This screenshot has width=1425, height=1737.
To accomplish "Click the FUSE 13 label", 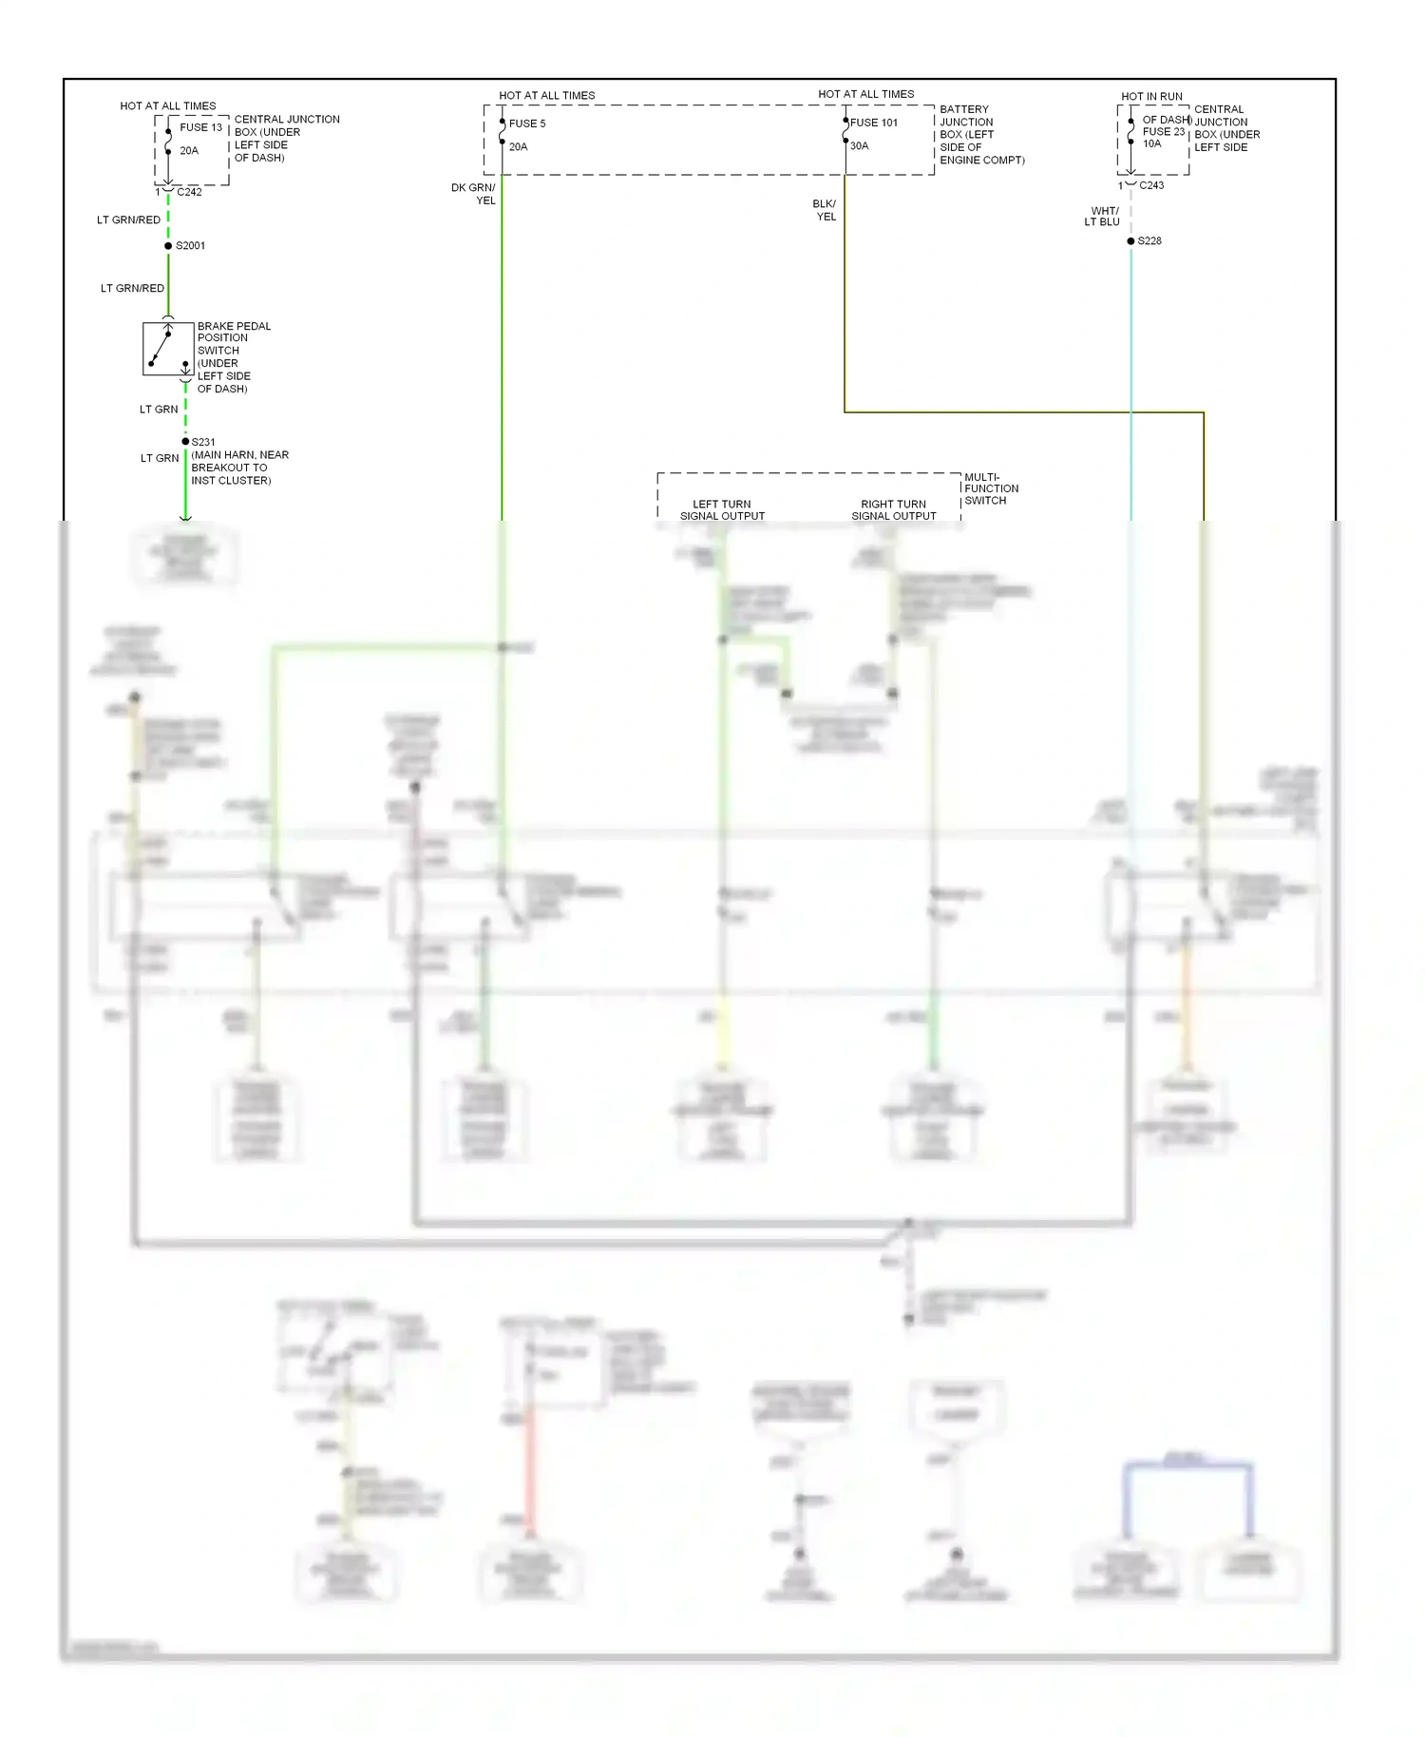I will [x=200, y=127].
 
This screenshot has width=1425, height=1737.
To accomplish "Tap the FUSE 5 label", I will [x=527, y=124].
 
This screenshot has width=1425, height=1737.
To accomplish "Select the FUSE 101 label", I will [x=874, y=123].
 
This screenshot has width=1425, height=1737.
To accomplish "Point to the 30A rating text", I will [x=860, y=146].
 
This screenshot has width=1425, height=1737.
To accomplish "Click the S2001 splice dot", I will [x=168, y=246].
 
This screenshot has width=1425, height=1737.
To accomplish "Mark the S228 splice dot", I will [x=1130, y=241].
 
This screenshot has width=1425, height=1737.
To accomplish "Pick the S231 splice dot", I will [x=185, y=442].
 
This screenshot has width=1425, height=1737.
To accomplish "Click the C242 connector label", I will [x=189, y=192].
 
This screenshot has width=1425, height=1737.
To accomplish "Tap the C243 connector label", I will [x=1151, y=185].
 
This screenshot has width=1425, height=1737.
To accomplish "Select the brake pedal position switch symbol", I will [x=168, y=349].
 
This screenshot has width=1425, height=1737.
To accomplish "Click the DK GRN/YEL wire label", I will [x=474, y=194].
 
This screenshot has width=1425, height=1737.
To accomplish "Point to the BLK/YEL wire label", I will [x=825, y=210].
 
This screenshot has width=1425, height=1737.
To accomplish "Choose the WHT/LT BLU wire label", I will [x=1103, y=217].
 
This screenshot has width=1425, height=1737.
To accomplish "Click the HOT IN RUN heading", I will [x=1151, y=97].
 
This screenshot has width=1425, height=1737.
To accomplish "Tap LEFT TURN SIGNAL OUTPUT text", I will [x=722, y=510].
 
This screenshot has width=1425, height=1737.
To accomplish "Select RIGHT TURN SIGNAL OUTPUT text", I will [x=893, y=510].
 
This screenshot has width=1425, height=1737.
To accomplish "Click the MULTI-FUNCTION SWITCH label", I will [x=990, y=488].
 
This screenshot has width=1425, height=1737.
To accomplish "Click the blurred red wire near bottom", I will [x=530, y=1473].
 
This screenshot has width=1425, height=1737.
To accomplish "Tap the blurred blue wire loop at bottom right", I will [x=1187, y=1466].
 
